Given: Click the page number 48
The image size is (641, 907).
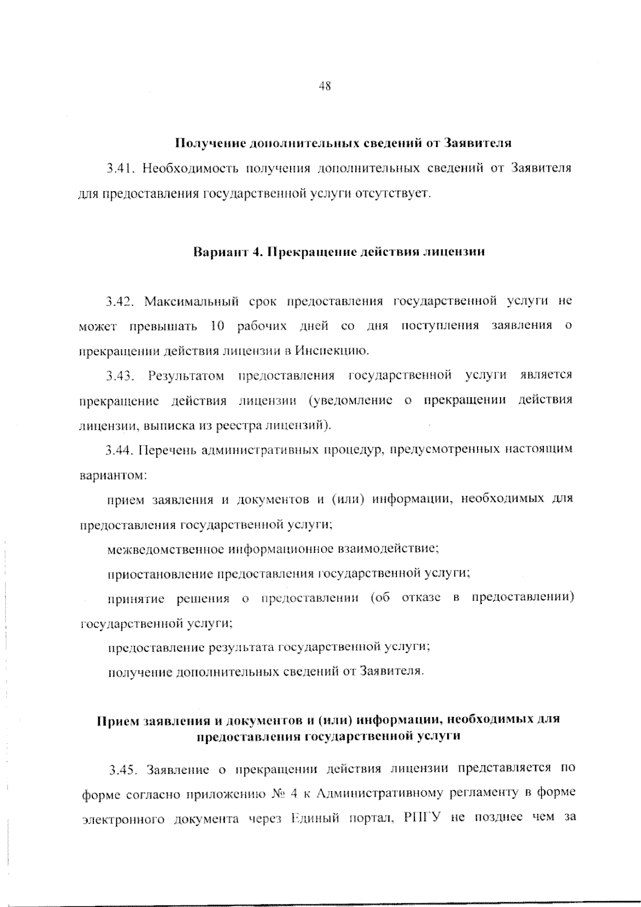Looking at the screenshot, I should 325,85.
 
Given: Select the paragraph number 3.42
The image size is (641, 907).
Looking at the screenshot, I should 120,301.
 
